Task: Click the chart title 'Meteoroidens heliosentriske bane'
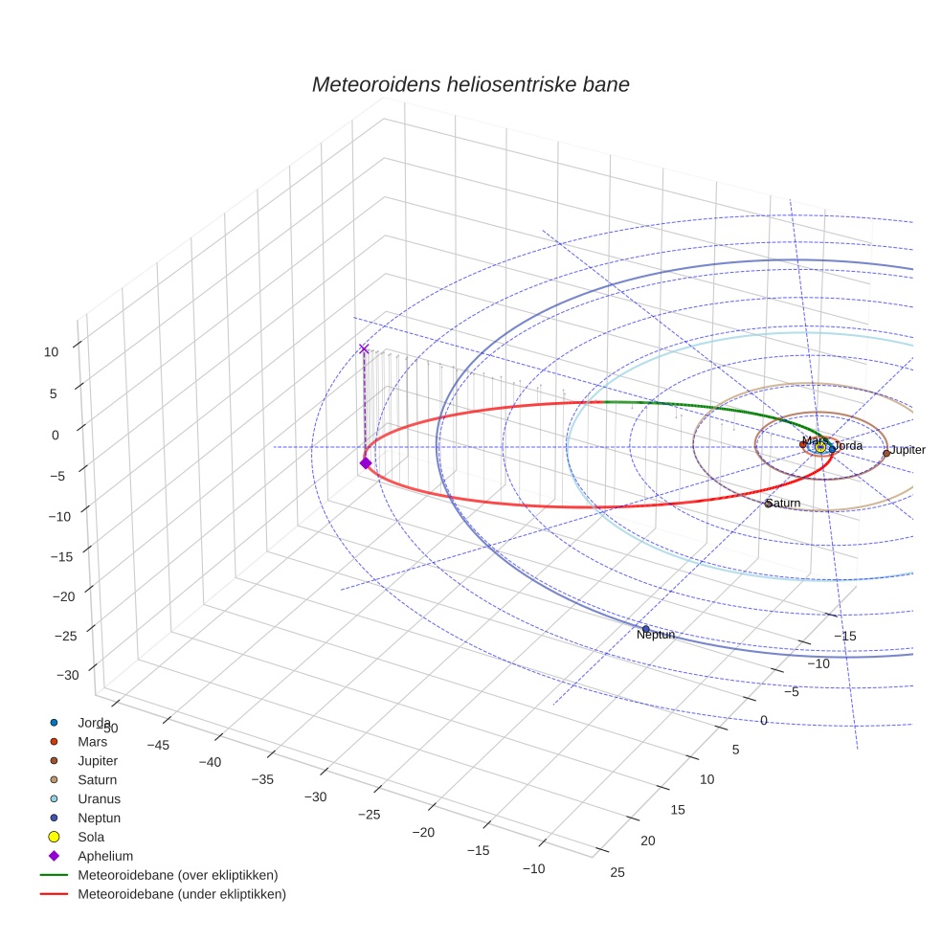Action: [470, 84]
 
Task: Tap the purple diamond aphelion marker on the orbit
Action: [365, 463]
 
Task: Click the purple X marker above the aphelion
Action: [364, 349]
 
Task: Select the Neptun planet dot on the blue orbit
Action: [645, 629]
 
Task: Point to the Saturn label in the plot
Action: [784, 504]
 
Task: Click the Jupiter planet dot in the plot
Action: [886, 453]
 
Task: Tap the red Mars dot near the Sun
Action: [802, 444]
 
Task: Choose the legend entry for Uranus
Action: [99, 798]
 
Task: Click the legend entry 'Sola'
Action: [91, 837]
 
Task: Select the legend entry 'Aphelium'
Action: [104, 856]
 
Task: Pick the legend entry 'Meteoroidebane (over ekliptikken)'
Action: [177, 875]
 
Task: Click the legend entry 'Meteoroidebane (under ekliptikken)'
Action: [181, 894]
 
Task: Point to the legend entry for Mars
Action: [92, 741]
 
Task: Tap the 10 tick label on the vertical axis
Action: [51, 351]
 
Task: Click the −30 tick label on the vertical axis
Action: [68, 675]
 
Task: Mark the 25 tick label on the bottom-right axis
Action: [617, 871]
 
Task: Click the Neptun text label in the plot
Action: [656, 635]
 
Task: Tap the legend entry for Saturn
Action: [97, 779]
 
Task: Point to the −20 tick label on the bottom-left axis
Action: [422, 832]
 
